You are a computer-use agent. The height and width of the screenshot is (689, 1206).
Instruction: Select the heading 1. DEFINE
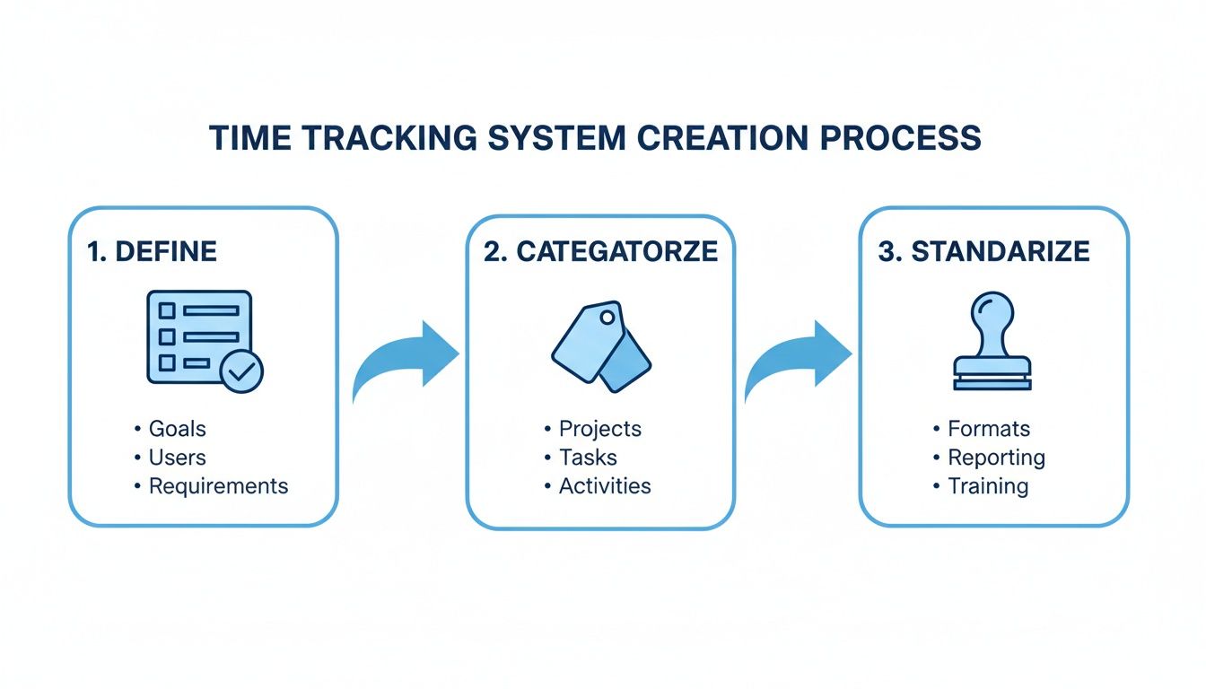[x=152, y=251]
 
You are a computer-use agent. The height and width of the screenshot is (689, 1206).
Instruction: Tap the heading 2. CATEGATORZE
[x=600, y=251]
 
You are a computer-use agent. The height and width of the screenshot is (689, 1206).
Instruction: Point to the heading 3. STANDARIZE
[x=983, y=251]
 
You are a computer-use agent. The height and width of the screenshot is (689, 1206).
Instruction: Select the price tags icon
[x=600, y=345]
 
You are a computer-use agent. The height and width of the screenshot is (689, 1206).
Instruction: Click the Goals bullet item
[x=177, y=429]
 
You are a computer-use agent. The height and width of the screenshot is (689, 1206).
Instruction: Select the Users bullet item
[x=177, y=458]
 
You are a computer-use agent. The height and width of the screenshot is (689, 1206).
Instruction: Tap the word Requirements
[x=218, y=486]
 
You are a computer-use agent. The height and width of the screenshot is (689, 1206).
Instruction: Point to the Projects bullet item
[x=599, y=429]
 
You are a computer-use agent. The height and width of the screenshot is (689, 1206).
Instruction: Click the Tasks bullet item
[x=588, y=458]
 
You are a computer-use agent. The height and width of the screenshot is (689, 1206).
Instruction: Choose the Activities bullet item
[x=604, y=486]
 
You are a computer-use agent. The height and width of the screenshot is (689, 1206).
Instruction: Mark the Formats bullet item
[x=988, y=429]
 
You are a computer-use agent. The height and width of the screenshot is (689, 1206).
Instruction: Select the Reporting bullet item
[x=996, y=458]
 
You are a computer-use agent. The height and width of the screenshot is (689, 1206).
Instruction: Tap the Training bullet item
[x=987, y=486]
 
